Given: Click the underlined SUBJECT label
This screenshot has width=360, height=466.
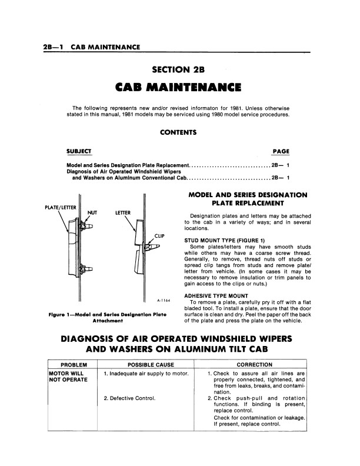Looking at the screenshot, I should pyautogui.click(x=79, y=151).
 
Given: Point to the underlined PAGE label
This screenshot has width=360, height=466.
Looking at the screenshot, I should pyautogui.click(x=281, y=151).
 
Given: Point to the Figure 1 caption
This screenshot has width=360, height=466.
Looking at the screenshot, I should pyautogui.click(x=108, y=318).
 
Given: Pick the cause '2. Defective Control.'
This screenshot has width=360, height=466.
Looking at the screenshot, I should pyautogui.click(x=129, y=398).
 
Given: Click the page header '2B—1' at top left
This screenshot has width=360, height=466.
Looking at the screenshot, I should pyautogui.click(x=53, y=46).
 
